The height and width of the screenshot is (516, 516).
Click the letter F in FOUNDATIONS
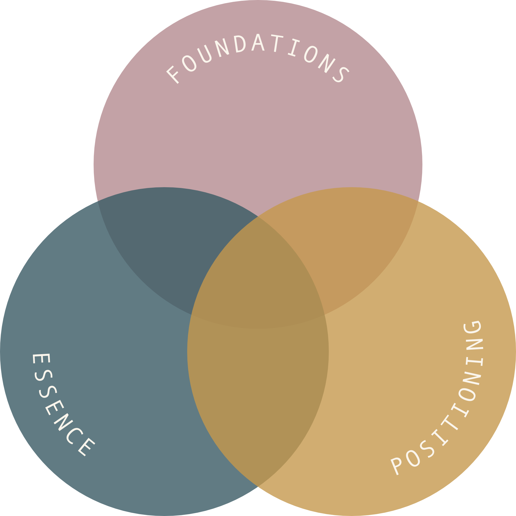173,75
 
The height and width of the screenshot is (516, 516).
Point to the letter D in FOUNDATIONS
240,44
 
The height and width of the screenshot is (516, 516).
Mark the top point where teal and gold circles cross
258,216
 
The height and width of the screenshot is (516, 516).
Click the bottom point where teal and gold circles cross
258,487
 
